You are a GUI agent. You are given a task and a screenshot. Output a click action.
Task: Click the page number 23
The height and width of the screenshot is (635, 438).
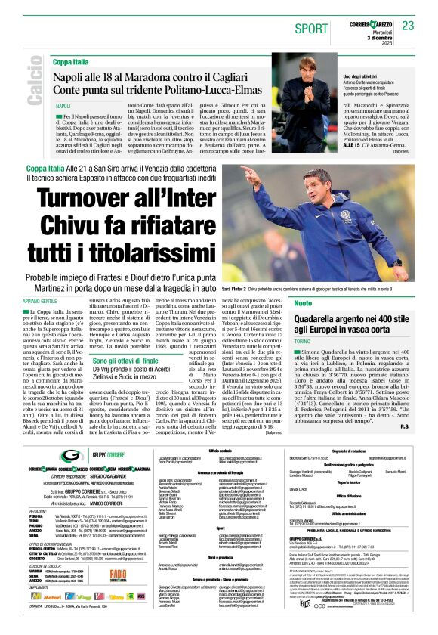coord(408,26)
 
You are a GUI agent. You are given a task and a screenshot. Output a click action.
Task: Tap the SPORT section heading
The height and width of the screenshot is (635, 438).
coord(310,28)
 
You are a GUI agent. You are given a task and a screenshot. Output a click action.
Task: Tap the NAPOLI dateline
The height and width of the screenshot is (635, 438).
coord(63,107)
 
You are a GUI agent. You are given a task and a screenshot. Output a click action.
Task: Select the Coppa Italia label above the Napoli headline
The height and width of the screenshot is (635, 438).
coord(72,60)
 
